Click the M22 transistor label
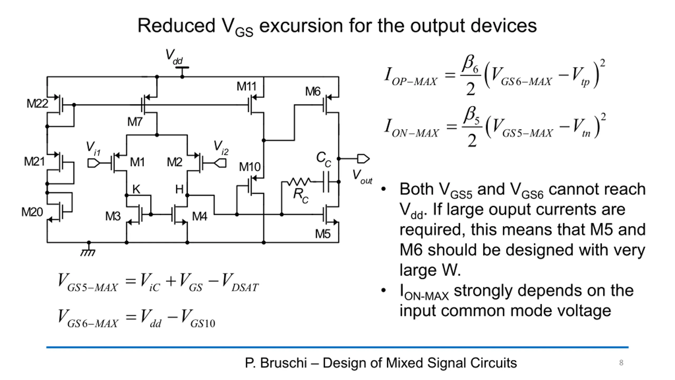[x=37, y=103]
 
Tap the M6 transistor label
[x=313, y=92]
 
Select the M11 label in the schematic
[x=247, y=86]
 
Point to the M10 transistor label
[x=250, y=167]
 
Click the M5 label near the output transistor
[x=323, y=234]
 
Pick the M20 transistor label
[x=32, y=212]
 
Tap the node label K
[x=136, y=189]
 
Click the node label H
[x=179, y=189]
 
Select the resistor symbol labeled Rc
[x=299, y=182]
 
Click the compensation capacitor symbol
[x=326, y=182]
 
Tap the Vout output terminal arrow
[x=363, y=159]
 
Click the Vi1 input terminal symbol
[x=94, y=163]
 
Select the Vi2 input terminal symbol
[x=220, y=163]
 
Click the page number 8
[x=621, y=363]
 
